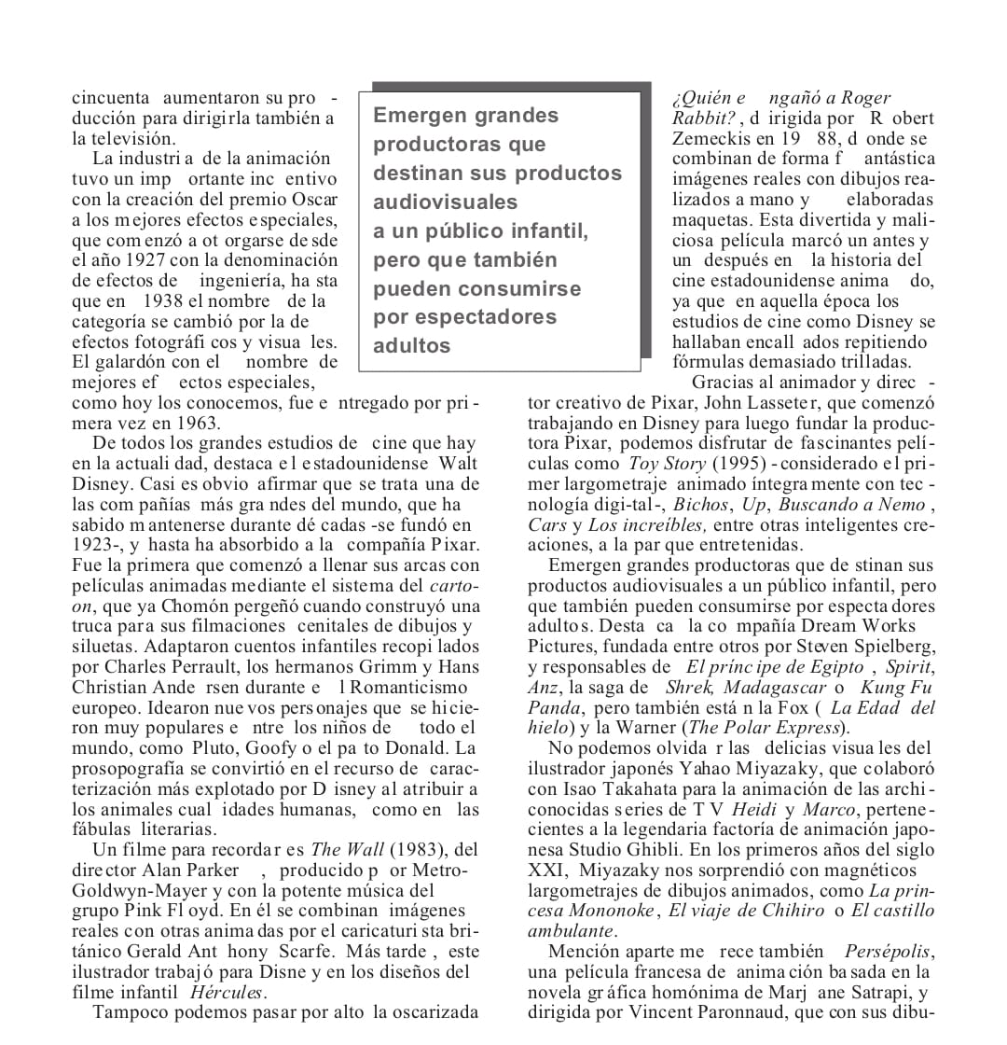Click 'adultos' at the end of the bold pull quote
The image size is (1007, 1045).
412,346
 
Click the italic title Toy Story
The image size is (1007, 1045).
667,463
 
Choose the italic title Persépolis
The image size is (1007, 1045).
888,952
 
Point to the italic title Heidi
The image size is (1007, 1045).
753,809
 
